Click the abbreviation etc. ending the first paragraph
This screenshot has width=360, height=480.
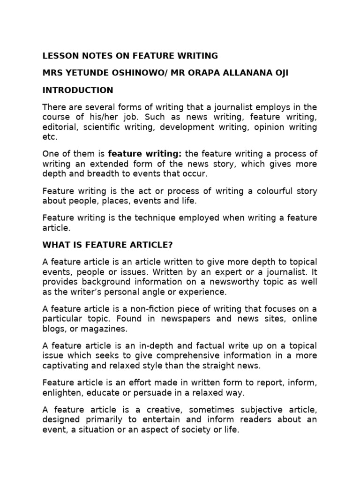tap(50, 137)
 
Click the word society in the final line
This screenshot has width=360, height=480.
tap(184, 430)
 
